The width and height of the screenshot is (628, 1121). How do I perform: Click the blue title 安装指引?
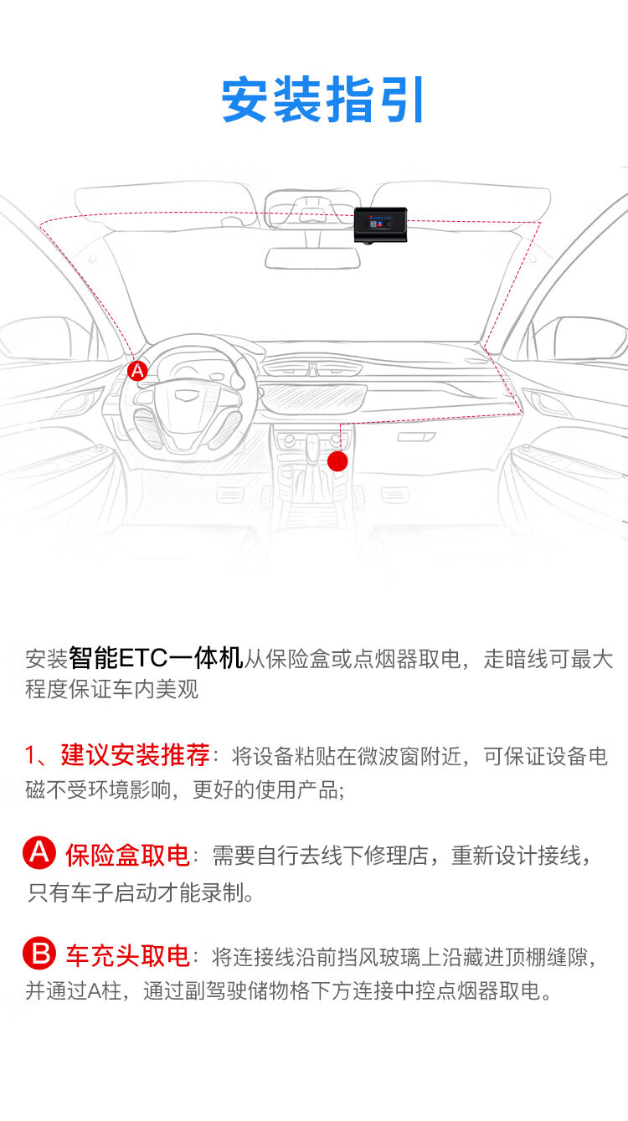coord(322,100)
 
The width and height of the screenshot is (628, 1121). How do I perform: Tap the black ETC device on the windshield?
coord(380,224)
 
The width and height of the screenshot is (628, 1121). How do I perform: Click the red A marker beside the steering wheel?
coord(137,371)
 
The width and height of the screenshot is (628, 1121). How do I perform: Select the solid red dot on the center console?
coord(337,461)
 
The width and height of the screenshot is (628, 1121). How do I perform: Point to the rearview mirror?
coord(313,258)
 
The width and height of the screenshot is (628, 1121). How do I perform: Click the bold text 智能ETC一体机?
coord(156,657)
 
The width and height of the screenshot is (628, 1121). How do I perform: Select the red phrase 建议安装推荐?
coord(135,754)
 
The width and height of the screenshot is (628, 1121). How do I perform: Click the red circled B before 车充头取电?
coord(39,954)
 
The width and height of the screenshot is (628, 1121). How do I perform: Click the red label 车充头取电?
coord(127,956)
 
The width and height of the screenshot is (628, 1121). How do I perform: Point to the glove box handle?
coord(416,437)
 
